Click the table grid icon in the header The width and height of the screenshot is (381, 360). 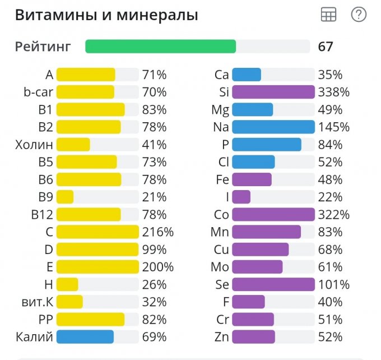tap(328, 15)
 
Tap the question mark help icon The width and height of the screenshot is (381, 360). tap(359, 15)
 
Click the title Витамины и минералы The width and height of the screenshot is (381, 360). tap(106, 16)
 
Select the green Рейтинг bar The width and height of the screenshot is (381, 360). tap(161, 47)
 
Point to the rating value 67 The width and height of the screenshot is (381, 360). tap(326, 47)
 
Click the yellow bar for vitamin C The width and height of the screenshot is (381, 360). tap(97, 232)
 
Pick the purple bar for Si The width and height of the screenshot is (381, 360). tap(273, 92)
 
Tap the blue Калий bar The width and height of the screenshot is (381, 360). tap(85, 337)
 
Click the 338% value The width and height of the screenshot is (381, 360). tap(334, 92)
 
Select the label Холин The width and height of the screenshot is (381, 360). tap(34, 145)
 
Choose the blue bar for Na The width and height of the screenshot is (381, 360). tap(273, 127)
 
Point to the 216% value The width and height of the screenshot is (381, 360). tap(158, 232)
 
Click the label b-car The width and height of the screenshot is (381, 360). tap(38, 92)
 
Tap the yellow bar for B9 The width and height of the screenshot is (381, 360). tap(65, 197)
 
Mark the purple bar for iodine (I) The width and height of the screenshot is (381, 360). tap(241, 197)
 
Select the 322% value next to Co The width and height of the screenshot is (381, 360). tap(334, 215)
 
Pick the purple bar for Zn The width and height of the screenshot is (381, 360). tap(253, 337)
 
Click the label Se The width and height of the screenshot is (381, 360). tap(222, 285)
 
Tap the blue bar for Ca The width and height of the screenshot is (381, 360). tap(247, 75)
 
